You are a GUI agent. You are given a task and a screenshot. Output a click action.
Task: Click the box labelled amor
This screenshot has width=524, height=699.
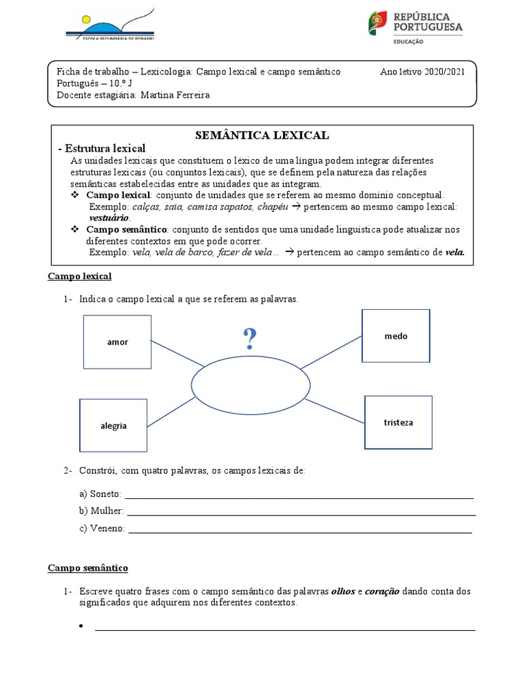click(117, 341)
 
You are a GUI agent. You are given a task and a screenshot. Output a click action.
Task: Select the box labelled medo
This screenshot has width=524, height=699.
click(396, 336)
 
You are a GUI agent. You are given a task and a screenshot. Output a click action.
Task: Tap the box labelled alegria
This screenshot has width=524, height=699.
click(113, 425)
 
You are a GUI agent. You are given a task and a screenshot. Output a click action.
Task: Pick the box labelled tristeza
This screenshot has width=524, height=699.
click(398, 423)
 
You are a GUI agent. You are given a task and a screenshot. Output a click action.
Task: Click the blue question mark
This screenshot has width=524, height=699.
click(250, 338)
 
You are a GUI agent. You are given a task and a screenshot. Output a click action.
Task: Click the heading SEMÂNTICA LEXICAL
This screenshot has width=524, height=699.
click(262, 135)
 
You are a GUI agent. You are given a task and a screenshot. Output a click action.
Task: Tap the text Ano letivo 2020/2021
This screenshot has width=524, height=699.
click(422, 72)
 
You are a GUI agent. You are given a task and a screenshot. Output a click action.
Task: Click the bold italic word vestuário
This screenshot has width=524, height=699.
click(109, 217)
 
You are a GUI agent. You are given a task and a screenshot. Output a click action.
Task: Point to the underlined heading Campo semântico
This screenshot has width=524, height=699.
click(87, 568)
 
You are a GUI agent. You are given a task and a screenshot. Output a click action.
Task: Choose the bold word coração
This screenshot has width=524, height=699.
click(382, 591)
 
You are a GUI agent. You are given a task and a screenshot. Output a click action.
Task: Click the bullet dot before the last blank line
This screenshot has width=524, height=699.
click(81, 627)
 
